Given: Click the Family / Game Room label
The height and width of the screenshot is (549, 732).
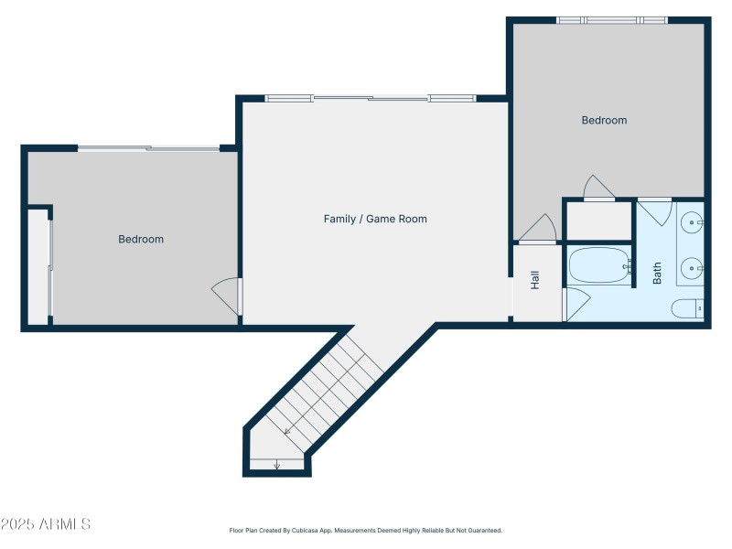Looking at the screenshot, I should click(x=375, y=219).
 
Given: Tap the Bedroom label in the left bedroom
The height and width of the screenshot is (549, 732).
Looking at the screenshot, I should click(x=141, y=239).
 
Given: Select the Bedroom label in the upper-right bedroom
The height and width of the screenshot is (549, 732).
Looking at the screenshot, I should click(x=604, y=120).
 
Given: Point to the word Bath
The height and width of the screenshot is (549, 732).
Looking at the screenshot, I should click(x=657, y=273).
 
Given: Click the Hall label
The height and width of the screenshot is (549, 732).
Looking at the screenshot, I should click(x=535, y=280).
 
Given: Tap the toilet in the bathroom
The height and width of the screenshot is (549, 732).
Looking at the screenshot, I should click(x=686, y=309).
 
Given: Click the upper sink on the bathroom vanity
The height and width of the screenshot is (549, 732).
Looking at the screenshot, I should click(x=693, y=222).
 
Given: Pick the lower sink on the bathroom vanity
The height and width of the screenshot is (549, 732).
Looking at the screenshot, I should click(x=693, y=268).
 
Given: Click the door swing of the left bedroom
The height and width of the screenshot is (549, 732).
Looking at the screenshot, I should click(x=226, y=295).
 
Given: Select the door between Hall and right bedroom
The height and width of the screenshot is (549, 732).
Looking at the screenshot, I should click(x=537, y=229).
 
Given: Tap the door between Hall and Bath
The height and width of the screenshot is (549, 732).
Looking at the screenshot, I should click(x=575, y=304).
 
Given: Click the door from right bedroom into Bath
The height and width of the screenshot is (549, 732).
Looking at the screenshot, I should click(x=654, y=212).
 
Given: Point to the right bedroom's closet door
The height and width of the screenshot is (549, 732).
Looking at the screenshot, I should click(x=598, y=187).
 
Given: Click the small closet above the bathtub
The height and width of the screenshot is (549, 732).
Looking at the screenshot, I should click(x=598, y=221).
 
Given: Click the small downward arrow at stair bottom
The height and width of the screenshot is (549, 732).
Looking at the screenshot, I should click(x=276, y=465).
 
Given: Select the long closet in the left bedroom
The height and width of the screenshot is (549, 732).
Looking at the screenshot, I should click(x=38, y=266).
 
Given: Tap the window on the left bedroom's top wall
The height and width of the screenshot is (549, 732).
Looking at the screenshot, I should click(x=148, y=147).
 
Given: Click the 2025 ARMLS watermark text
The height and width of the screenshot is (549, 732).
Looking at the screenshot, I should click(x=46, y=524).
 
